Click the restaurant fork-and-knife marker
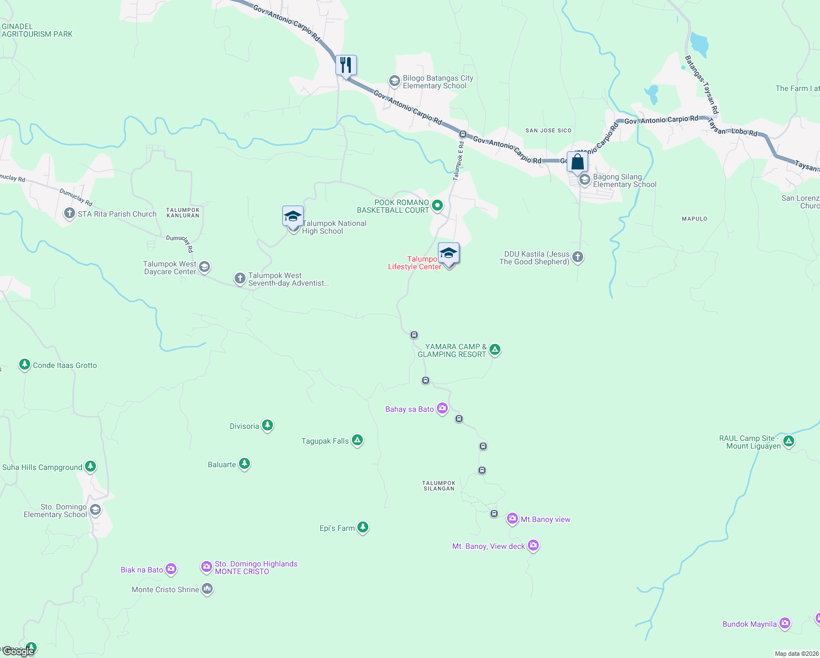pyautogui.click(x=346, y=65)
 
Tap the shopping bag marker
pyautogui.click(x=577, y=162)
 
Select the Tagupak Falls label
pyautogui.click(x=325, y=441)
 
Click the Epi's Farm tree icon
pyautogui.click(x=363, y=527)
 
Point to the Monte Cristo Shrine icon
pyautogui.click(x=207, y=589)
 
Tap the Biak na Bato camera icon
pyautogui.click(x=171, y=569)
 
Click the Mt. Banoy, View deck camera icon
pyautogui.click(x=533, y=546)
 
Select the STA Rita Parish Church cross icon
pyautogui.click(x=69, y=213)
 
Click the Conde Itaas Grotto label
pyautogui.click(x=65, y=365)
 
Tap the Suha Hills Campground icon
pyautogui.click(x=90, y=467)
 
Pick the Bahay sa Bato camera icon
pyautogui.click(x=442, y=409)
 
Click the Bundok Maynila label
pyautogui.click(x=749, y=624)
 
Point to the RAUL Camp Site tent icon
pyautogui.click(x=789, y=441)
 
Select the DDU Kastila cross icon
pyautogui.click(x=578, y=257)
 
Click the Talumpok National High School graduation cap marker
pyautogui.click(x=293, y=217)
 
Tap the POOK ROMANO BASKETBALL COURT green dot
pyautogui.click(x=437, y=206)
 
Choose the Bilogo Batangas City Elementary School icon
pyautogui.click(x=394, y=81)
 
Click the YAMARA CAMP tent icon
pyautogui.click(x=495, y=349)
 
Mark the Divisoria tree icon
pyautogui.click(x=267, y=425)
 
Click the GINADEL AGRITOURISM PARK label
pyautogui.click(x=37, y=30)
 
